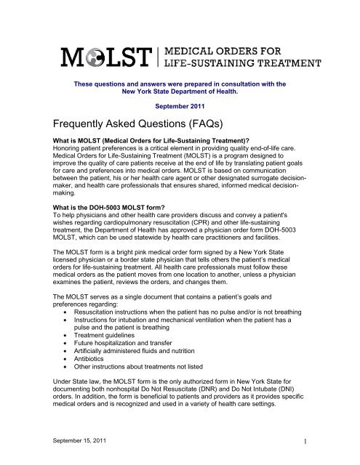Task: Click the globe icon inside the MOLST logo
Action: (x=93, y=56)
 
